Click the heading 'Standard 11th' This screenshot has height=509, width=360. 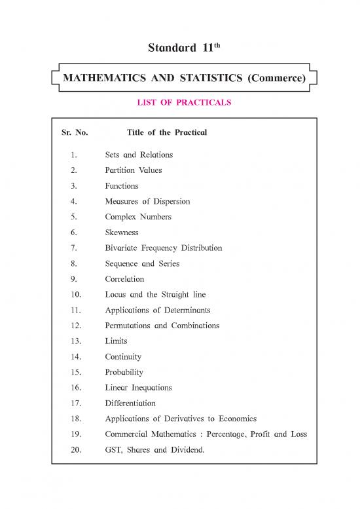click(180, 48)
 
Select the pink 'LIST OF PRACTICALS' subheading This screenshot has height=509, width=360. click(180, 103)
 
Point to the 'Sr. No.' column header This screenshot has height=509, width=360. click(74, 132)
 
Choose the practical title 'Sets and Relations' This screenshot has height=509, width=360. click(139, 155)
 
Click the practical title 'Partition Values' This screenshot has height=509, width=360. click(134, 170)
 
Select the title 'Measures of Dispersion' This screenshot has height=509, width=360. click(147, 201)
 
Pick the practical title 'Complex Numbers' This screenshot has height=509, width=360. click(135, 217)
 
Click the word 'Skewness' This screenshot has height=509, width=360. click(122, 233)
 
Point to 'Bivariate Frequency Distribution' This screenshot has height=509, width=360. click(163, 248)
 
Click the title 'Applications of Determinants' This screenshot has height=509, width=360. click(158, 311)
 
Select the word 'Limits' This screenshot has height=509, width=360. click(116, 341)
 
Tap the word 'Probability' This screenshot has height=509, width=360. click(124, 372)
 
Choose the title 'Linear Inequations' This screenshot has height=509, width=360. click(138, 388)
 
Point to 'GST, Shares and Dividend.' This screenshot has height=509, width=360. click(154, 450)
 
